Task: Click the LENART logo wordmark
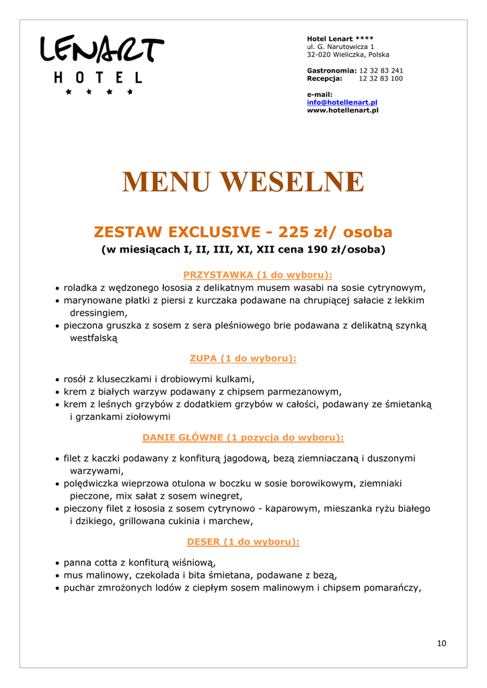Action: pyautogui.click(x=102, y=50)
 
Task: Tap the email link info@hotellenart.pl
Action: pyautogui.click(x=342, y=102)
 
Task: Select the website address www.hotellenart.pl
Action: pyautogui.click(x=342, y=110)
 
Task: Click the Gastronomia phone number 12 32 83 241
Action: pyautogui.click(x=381, y=71)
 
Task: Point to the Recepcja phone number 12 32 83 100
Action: pyautogui.click(x=381, y=79)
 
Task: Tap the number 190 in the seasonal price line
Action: pyautogui.click(x=313, y=250)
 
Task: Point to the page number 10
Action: pyautogui.click(x=441, y=643)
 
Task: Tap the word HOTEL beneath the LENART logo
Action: pyautogui.click(x=98, y=78)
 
